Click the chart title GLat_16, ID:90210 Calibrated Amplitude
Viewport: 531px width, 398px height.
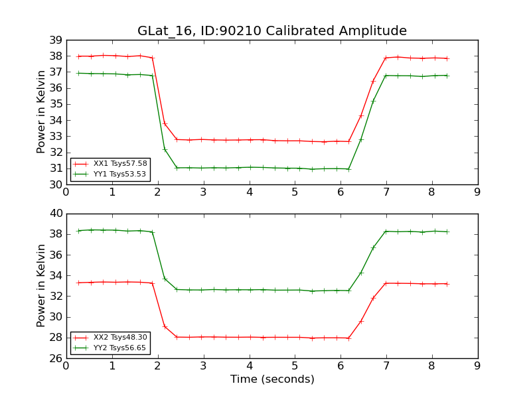tap(271, 31)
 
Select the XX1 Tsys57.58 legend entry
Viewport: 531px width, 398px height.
tap(119, 163)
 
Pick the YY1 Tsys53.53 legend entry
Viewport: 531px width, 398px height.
tap(119, 174)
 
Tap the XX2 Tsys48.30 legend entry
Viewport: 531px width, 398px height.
tap(119, 337)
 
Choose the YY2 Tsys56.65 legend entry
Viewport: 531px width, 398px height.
tap(119, 348)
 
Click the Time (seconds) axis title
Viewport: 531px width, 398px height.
tap(272, 379)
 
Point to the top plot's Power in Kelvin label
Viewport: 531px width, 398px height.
tap(41, 111)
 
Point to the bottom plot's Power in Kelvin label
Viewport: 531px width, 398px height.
tap(41, 285)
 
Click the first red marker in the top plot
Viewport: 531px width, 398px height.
tap(79, 56)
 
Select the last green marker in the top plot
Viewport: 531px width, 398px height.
tap(447, 76)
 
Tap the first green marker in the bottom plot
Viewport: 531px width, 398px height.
tap(79, 231)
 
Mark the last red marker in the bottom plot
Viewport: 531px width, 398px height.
tap(447, 284)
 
